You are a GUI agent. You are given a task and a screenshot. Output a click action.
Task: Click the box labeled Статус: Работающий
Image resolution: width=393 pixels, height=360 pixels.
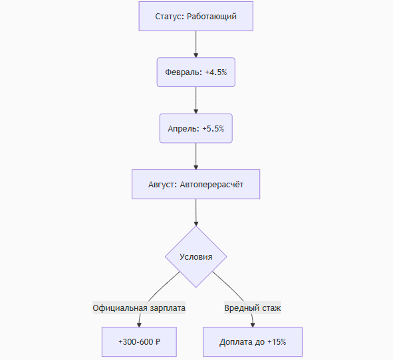[196, 16]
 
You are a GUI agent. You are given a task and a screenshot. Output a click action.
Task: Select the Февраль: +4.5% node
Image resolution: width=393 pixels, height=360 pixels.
[196, 72]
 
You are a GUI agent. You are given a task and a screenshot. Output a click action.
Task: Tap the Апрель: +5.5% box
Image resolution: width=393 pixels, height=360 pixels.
[196, 128]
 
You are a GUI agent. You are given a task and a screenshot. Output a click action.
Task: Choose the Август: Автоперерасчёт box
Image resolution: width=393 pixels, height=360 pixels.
[196, 185]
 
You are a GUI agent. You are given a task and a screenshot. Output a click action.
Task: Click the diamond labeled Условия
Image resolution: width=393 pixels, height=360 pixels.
[196, 256]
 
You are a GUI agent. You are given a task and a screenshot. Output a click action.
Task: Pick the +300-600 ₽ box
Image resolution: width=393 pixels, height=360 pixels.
[139, 341]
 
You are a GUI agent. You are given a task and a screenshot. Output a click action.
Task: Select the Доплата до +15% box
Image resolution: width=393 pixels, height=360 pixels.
[253, 341]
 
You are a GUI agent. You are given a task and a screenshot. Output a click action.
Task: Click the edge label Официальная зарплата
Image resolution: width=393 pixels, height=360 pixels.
[139, 308]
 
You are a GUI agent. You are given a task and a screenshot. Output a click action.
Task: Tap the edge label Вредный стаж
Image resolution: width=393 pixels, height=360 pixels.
[253, 308]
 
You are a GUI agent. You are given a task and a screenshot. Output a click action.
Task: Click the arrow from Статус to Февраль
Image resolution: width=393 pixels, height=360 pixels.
[196, 45]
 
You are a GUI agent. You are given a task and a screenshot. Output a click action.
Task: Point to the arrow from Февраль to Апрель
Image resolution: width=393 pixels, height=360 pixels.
[196, 100]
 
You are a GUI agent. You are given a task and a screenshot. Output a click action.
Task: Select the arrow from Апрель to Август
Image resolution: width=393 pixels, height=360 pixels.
[196, 156]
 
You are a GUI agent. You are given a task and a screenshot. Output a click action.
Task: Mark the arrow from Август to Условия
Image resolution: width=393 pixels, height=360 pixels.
[196, 213]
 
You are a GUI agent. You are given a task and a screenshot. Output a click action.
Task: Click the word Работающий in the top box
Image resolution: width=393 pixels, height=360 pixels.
[211, 17]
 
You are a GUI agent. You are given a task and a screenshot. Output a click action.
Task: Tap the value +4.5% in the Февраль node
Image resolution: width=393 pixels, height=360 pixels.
[216, 72]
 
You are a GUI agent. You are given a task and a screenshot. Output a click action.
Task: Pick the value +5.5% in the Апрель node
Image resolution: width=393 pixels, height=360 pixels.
[213, 128]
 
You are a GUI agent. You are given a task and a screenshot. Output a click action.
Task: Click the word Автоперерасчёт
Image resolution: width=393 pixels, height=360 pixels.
[211, 185]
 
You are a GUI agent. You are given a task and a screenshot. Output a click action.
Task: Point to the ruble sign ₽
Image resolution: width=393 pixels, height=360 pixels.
[158, 341]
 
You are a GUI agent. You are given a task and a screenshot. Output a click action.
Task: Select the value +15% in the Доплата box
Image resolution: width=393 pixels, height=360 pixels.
[277, 341]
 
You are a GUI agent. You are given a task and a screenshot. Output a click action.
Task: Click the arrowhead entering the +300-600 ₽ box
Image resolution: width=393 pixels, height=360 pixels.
[139, 325]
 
